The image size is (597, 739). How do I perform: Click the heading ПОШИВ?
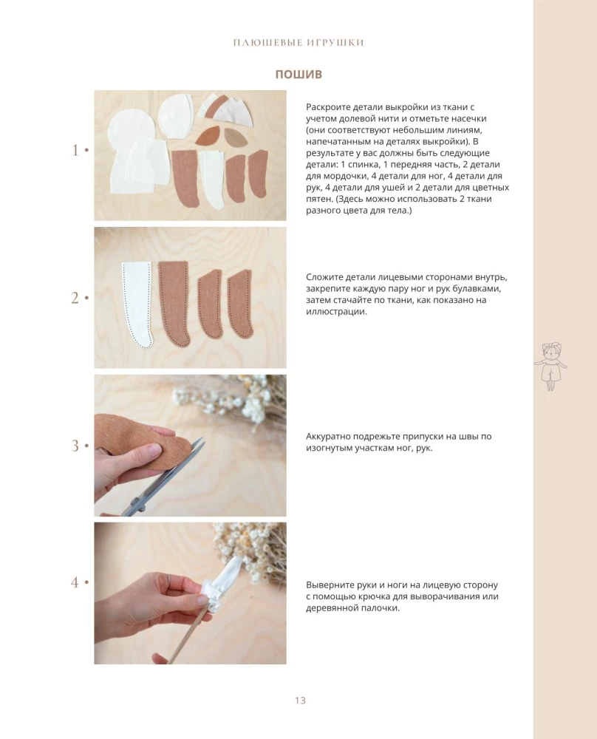click(x=298, y=74)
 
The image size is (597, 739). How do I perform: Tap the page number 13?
click(x=300, y=701)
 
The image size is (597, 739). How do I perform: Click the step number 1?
click(x=75, y=150)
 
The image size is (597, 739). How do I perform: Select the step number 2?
click(x=75, y=298)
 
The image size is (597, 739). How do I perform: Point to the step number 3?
click(x=75, y=446)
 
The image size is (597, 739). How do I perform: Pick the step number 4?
click(x=75, y=582)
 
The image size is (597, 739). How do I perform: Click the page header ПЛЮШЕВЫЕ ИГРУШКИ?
click(x=298, y=42)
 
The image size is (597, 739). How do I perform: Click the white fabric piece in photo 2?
click(x=137, y=304)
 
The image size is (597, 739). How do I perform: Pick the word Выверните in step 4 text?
click(x=329, y=585)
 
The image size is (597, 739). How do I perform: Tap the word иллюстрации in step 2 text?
click(x=335, y=312)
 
